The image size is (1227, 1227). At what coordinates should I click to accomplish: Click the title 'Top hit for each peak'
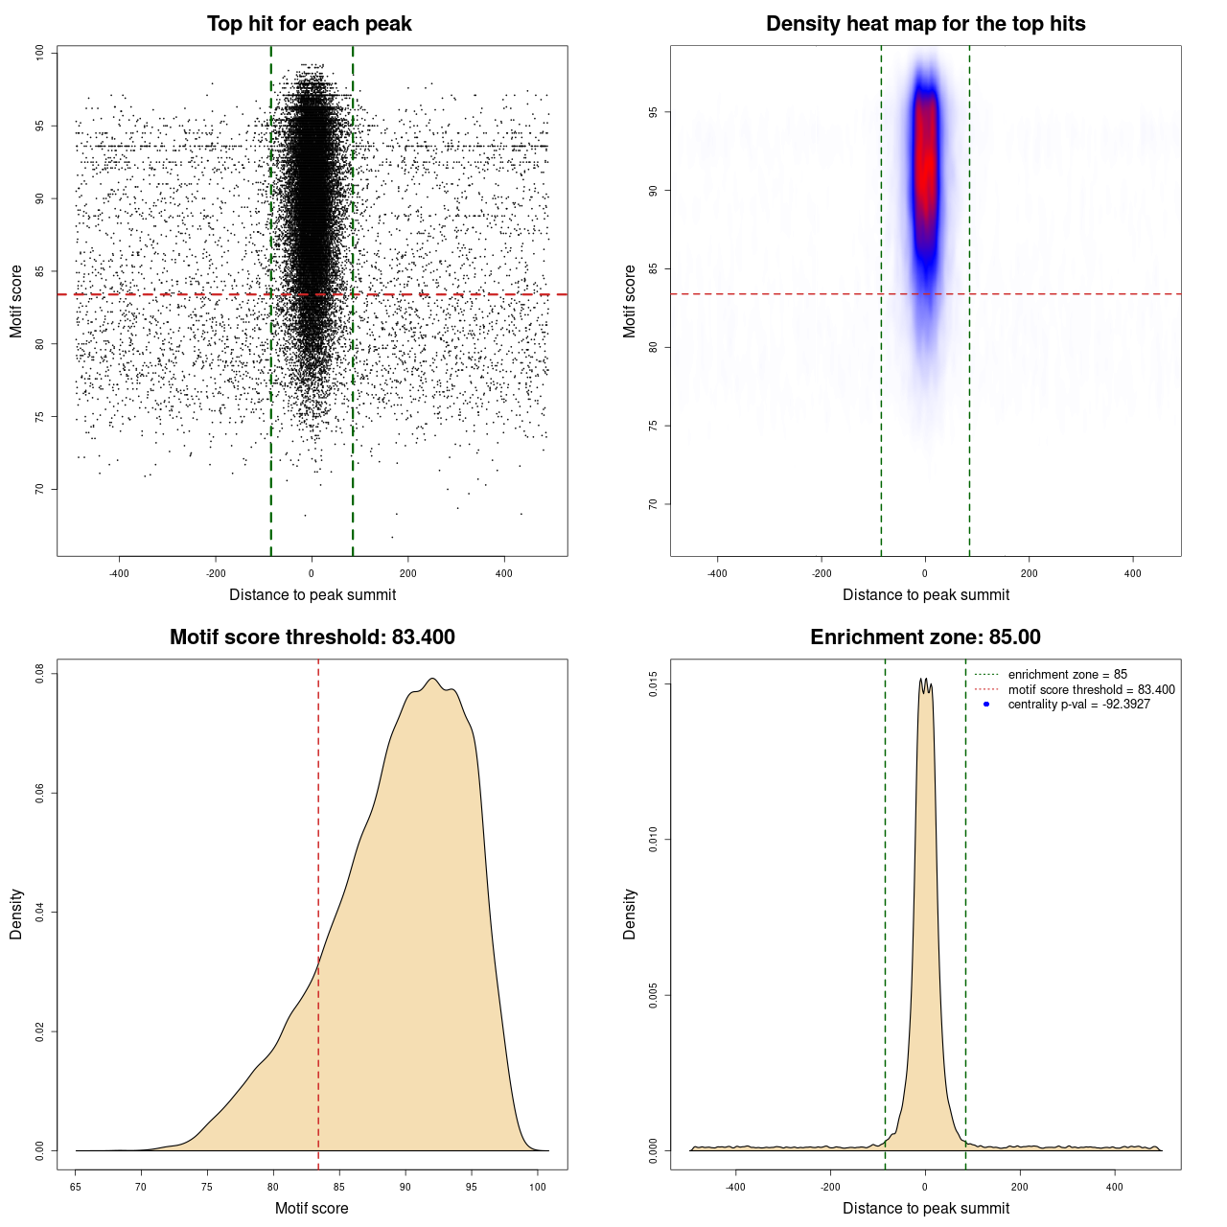click(x=309, y=24)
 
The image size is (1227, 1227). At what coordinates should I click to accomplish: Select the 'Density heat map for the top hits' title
click(x=925, y=24)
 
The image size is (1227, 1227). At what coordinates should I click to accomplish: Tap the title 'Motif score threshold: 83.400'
click(x=312, y=637)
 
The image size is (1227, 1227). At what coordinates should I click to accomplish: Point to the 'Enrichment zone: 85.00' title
click(x=925, y=637)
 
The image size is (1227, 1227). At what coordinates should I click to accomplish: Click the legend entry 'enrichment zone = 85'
click(x=1067, y=675)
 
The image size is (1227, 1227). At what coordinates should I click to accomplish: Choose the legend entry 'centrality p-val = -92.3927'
click(x=1078, y=705)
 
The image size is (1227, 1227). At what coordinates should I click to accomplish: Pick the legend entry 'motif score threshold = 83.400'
click(x=1091, y=689)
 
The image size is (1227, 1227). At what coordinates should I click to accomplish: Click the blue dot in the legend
click(x=986, y=705)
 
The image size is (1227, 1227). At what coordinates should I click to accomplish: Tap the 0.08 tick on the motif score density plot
click(x=40, y=674)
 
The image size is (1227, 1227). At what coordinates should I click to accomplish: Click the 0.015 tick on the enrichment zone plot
click(x=654, y=684)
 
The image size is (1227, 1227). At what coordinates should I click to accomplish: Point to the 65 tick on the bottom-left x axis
click(x=76, y=1187)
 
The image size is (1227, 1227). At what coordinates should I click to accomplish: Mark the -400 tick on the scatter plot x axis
click(x=119, y=573)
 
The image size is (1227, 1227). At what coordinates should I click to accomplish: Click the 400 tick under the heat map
click(x=1133, y=573)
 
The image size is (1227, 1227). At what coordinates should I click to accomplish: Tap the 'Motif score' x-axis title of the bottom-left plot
click(x=312, y=1208)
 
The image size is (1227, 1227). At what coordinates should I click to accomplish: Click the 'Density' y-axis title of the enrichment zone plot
click(x=630, y=914)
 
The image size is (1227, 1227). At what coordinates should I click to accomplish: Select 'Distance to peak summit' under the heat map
click(x=925, y=594)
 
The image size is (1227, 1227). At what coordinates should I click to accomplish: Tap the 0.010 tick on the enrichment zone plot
click(x=654, y=840)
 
